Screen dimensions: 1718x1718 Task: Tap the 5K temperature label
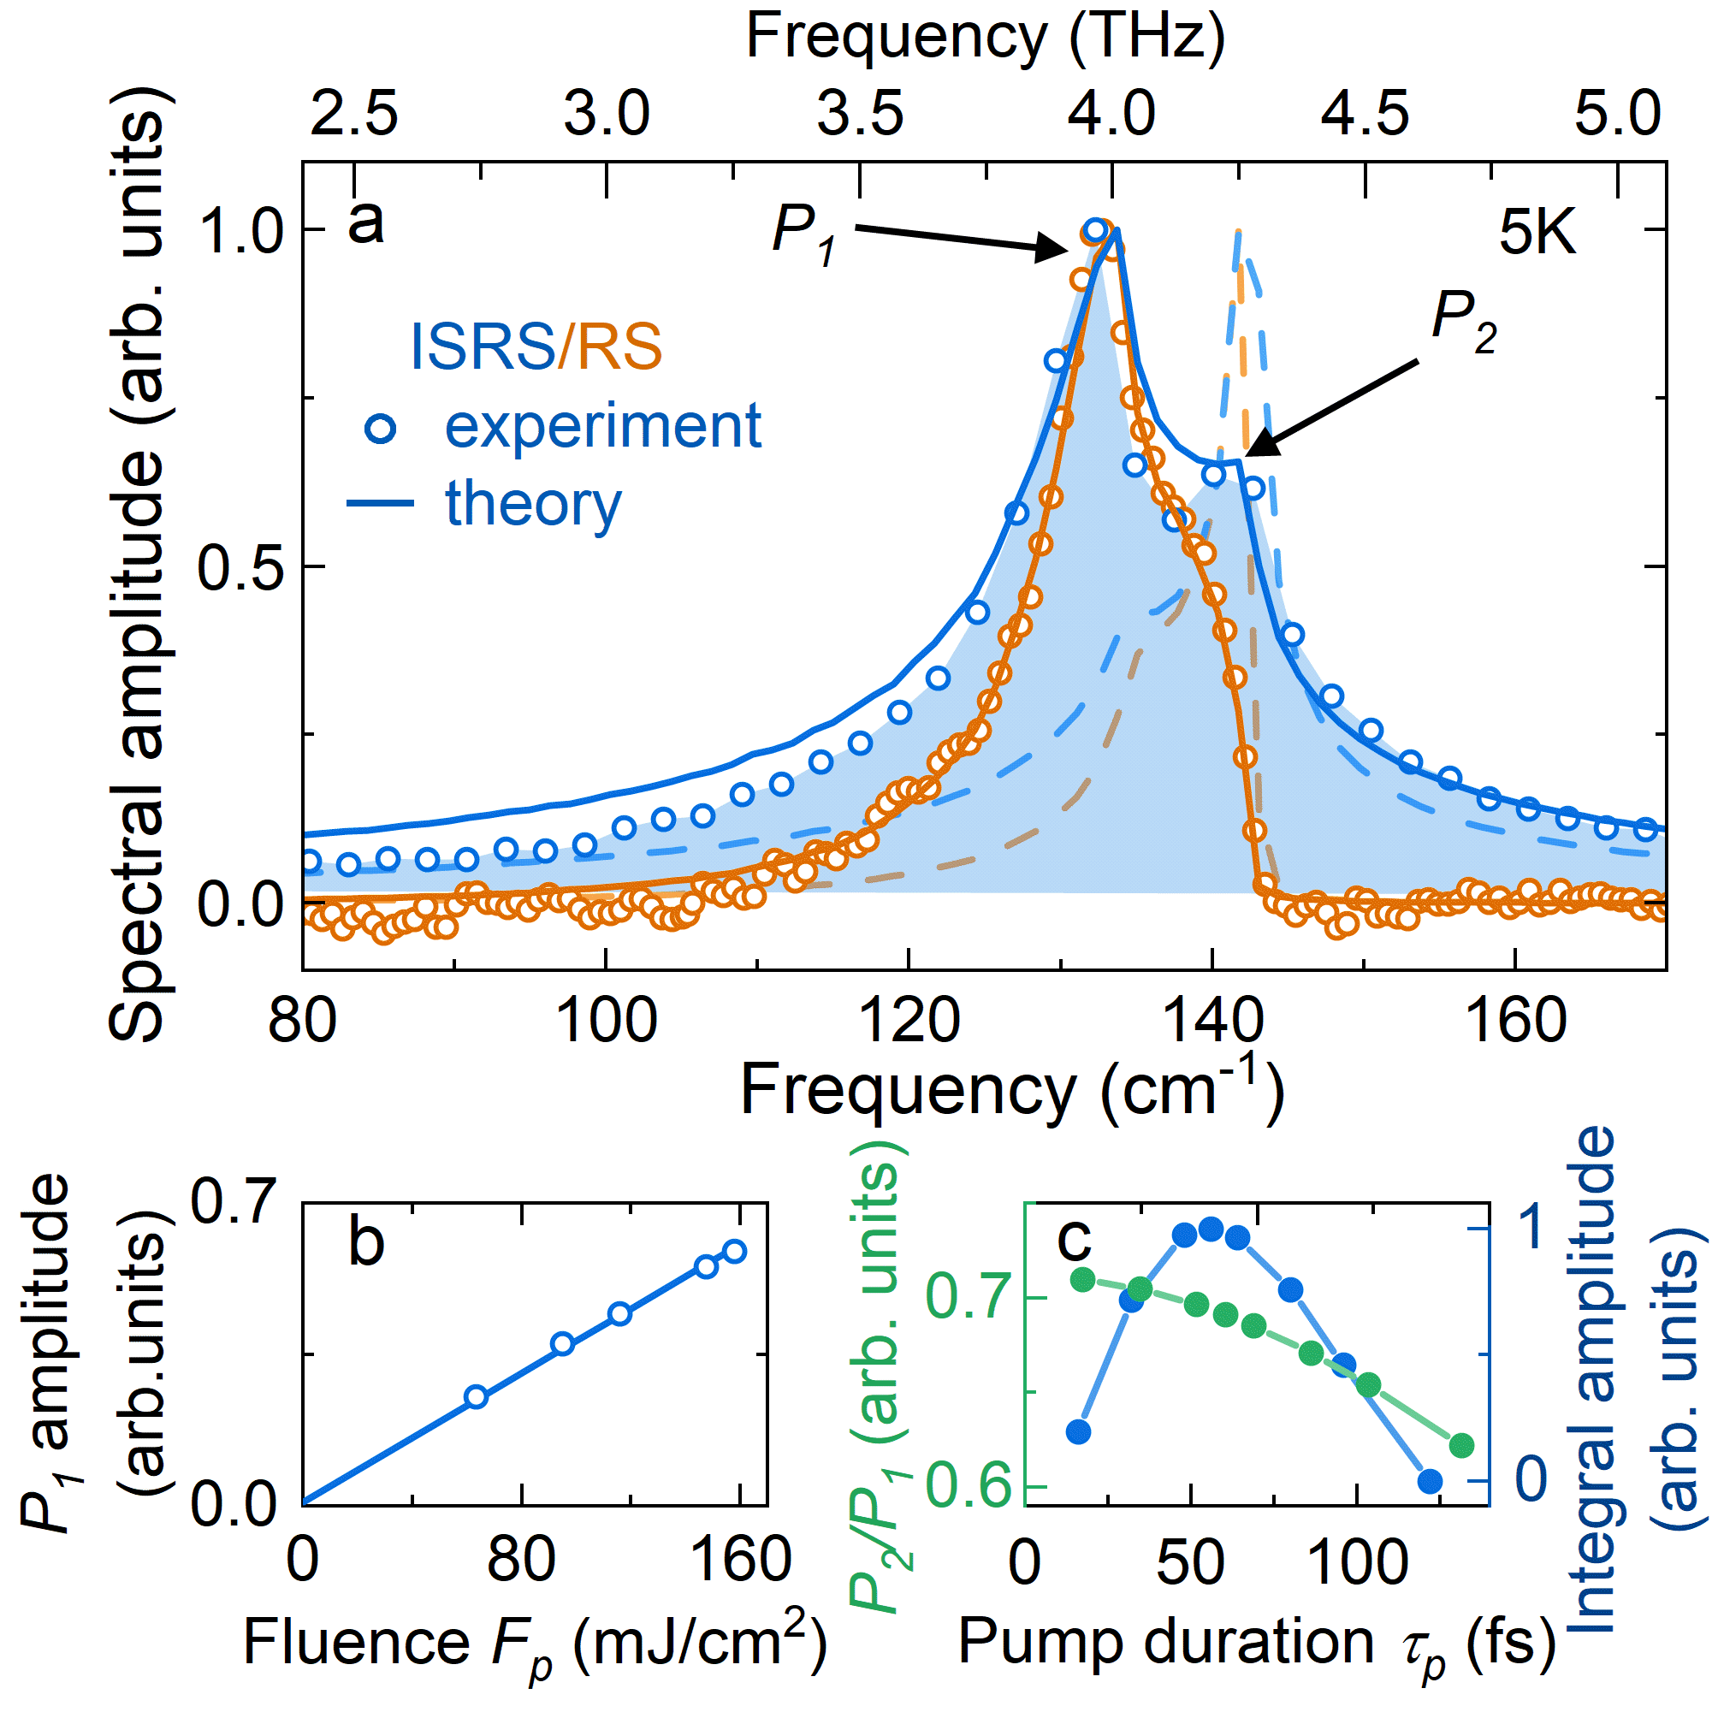coord(1537,233)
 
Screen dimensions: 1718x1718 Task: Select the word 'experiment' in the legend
coord(603,427)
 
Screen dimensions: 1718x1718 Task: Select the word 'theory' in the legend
coord(533,504)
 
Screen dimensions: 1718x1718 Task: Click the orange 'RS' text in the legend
coord(619,346)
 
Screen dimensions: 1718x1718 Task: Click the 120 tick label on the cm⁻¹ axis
coord(908,1020)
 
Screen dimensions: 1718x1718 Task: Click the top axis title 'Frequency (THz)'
coord(986,38)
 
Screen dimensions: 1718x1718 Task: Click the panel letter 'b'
coord(365,1241)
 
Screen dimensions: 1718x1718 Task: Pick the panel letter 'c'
coord(1075,1239)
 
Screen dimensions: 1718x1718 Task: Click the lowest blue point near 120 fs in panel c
coord(1429,1480)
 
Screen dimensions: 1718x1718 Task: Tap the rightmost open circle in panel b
coord(734,1252)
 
